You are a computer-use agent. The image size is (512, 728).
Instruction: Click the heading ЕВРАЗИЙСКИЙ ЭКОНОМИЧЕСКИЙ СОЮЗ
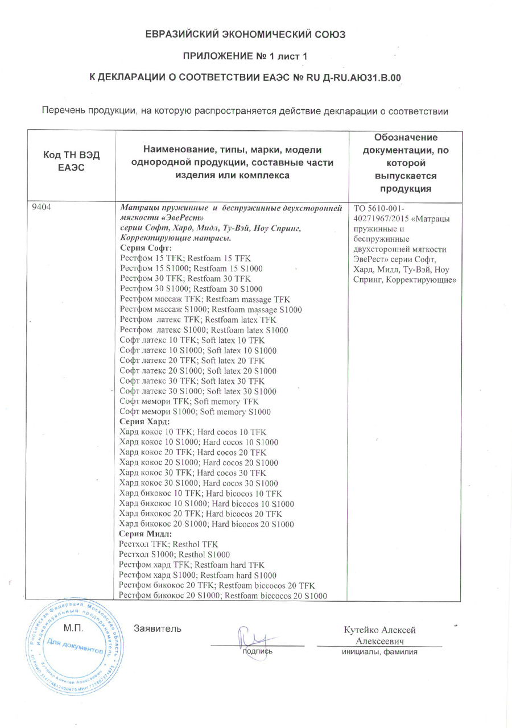tap(245, 34)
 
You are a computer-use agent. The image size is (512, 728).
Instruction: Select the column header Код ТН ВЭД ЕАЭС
tap(72, 163)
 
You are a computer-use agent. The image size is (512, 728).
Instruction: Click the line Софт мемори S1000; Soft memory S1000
tap(195, 411)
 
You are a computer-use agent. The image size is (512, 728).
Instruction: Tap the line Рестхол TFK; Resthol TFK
tap(168, 544)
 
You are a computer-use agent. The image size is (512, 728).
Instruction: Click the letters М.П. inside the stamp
tap(73, 629)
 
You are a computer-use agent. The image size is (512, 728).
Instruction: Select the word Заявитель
tap(158, 628)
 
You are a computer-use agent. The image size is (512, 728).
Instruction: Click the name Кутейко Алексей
tap(379, 630)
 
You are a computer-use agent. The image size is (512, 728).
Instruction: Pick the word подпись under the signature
tap(257, 652)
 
